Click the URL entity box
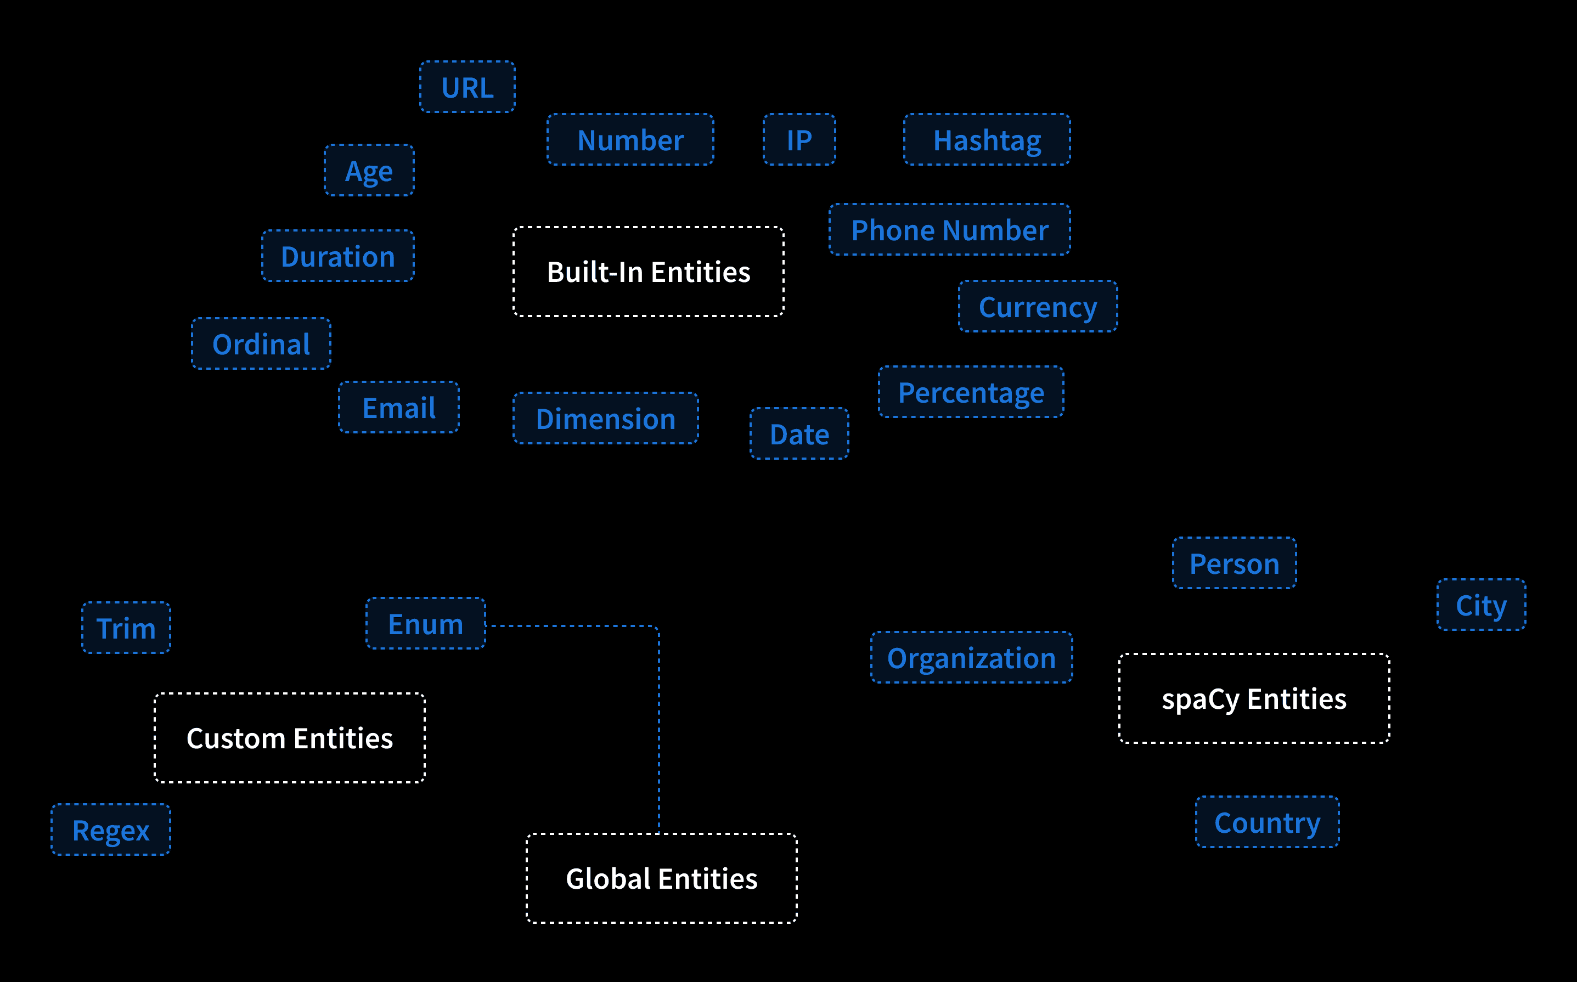[x=468, y=87]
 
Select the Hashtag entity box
[x=987, y=140]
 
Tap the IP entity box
[x=799, y=140]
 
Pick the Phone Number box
[x=950, y=229]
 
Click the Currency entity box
[x=1039, y=307]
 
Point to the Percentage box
[x=972, y=392]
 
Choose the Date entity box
[x=799, y=434]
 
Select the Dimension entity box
[x=606, y=418]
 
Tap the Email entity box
[x=399, y=407]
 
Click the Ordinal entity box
[x=261, y=343]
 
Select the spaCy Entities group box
[x=1254, y=698]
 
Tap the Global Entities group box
[x=662, y=878]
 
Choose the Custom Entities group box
[x=290, y=738]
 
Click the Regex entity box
[x=111, y=829]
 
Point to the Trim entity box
[x=126, y=628]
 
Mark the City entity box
[x=1482, y=605]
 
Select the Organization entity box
[x=972, y=657]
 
